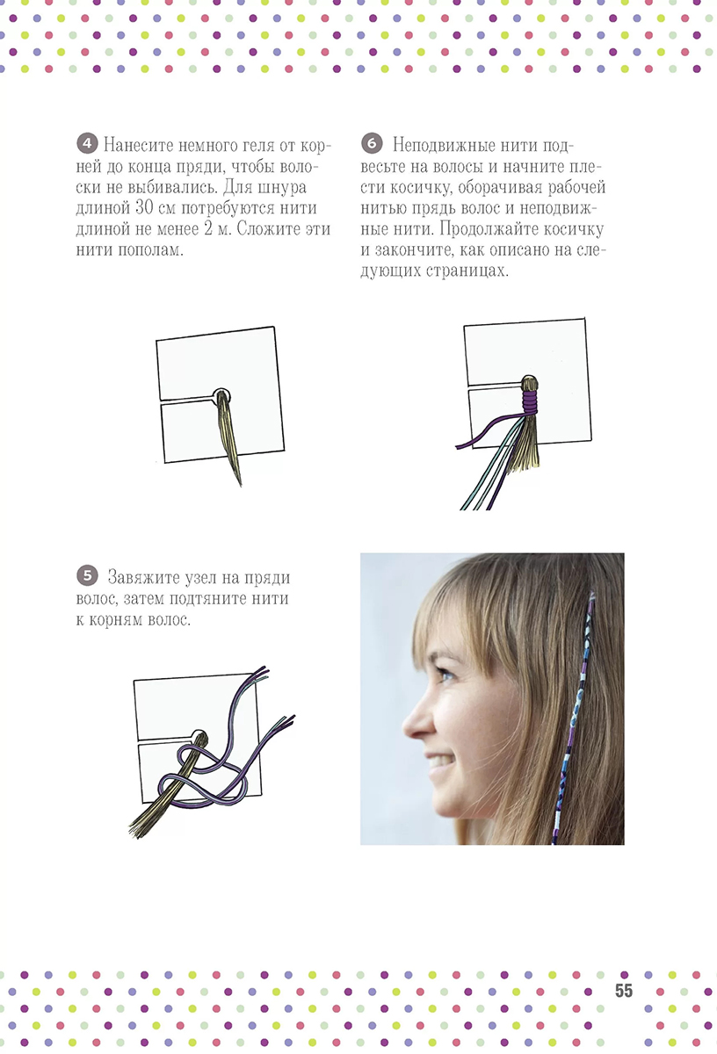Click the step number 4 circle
(x=87, y=143)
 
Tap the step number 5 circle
(x=87, y=575)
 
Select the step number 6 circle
(x=372, y=143)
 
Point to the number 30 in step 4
(x=145, y=208)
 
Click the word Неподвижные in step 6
(x=443, y=146)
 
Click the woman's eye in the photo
(x=446, y=676)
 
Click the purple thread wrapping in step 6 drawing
(x=530, y=401)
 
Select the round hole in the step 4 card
(x=221, y=396)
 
